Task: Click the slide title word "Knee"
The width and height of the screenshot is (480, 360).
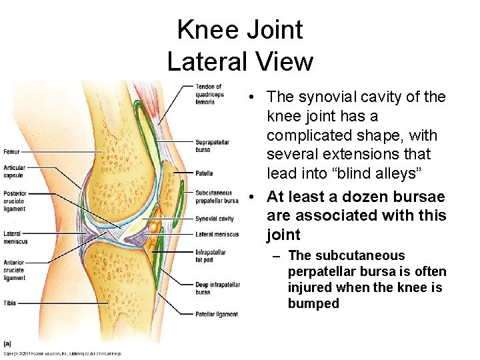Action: click(204, 30)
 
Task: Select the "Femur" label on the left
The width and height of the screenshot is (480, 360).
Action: click(11, 152)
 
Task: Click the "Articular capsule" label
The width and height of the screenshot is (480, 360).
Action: click(14, 171)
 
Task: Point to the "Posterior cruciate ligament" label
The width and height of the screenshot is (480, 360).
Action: click(15, 201)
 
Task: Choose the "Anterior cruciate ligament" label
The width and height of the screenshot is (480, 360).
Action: click(14, 270)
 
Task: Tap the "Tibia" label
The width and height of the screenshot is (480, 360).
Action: click(9, 302)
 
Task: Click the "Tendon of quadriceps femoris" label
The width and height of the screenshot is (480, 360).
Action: click(209, 94)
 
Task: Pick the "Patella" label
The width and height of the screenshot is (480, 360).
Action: click(204, 173)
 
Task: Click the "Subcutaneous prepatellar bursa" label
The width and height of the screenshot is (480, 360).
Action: click(217, 197)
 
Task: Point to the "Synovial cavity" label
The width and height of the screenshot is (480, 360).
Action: click(215, 219)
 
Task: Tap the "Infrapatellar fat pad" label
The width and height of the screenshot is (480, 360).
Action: click(211, 256)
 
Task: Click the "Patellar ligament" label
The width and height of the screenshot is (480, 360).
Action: click(217, 314)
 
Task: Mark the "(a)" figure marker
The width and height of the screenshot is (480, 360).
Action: click(7, 343)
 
